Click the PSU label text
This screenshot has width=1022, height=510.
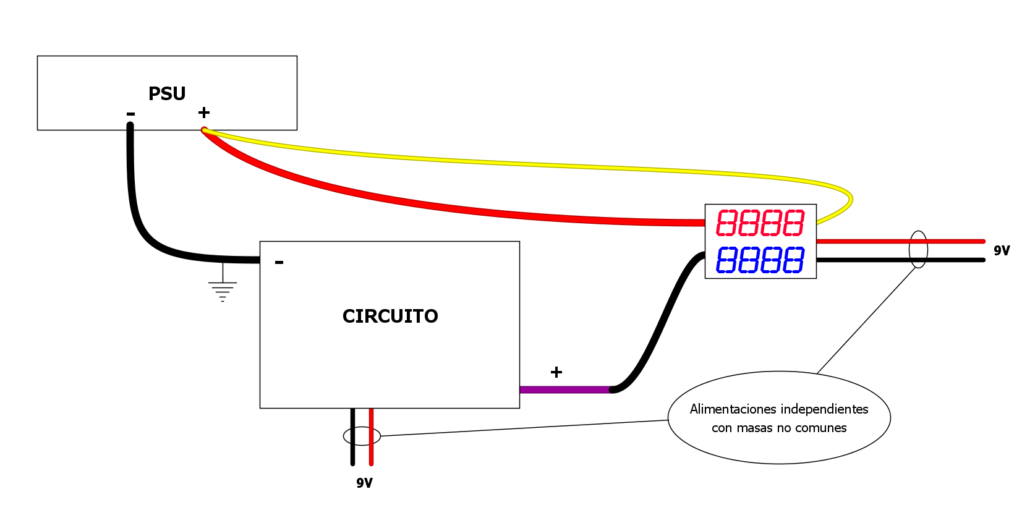(x=167, y=93)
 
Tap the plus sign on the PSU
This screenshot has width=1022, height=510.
(x=204, y=113)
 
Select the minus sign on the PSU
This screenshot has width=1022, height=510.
(x=130, y=114)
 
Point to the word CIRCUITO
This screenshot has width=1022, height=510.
(x=390, y=316)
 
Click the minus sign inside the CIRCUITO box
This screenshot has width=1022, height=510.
(x=279, y=263)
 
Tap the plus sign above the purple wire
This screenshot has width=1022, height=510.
(x=556, y=372)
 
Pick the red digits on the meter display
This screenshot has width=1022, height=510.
(x=760, y=223)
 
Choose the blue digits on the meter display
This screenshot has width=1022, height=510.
(x=760, y=260)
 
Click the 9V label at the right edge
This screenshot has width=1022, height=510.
(x=1002, y=250)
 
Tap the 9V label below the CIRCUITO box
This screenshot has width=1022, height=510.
(x=364, y=483)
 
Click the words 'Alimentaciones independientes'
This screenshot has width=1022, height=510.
(x=779, y=409)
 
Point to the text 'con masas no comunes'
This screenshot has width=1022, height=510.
(x=779, y=428)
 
